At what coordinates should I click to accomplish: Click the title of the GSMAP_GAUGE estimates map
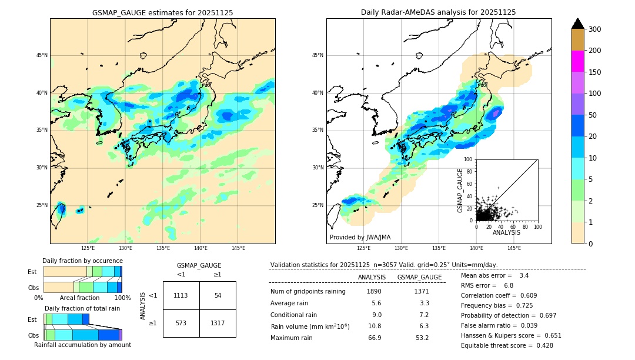[162, 12]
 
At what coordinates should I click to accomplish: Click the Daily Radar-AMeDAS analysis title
[439, 12]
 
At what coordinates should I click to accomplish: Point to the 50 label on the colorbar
[595, 115]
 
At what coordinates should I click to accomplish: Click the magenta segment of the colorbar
[578, 61]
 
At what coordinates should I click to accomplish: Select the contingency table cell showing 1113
[181, 295]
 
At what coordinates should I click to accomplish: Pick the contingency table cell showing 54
[218, 295]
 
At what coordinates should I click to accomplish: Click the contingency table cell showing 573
[181, 324]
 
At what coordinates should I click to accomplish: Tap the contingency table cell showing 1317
[218, 324]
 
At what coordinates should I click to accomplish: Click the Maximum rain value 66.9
[374, 338]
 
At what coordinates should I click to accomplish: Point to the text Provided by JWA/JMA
[360, 238]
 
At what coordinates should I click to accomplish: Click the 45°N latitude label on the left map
[42, 55]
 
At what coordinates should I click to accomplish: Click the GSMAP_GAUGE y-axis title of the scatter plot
[461, 190]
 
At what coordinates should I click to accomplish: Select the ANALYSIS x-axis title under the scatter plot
[506, 233]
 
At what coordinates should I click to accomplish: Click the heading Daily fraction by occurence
[82, 261]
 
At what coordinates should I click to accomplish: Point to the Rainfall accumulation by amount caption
[82, 345]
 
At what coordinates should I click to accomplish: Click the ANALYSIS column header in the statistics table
[372, 277]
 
